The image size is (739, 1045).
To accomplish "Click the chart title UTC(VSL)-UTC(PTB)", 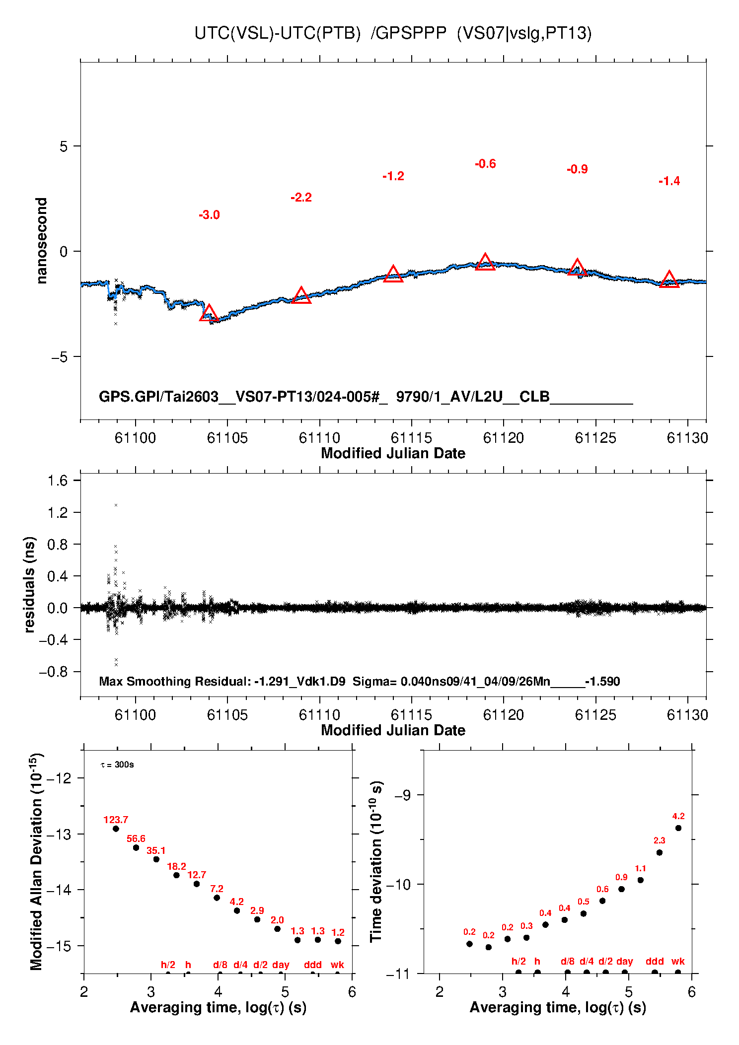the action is click(277, 33).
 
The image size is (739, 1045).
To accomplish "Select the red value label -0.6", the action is click(485, 164).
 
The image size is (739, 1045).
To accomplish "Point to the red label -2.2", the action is click(301, 198).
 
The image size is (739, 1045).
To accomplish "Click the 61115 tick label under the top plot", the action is click(411, 438).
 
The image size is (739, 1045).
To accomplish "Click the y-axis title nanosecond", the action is click(41, 241).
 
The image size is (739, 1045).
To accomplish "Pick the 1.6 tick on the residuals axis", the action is click(57, 481).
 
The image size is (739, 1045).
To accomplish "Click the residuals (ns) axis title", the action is click(29, 585).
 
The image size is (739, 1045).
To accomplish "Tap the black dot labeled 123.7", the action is click(116, 829).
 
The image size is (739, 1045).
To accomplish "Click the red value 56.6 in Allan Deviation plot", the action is click(136, 839).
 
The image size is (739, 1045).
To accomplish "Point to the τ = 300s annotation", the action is click(117, 765).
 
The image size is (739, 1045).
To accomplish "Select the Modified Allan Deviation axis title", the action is click(36, 862).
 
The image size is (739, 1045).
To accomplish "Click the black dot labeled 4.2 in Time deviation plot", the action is click(678, 828).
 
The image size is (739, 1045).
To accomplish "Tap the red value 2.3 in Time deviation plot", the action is click(660, 840).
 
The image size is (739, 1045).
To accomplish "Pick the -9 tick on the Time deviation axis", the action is click(402, 795).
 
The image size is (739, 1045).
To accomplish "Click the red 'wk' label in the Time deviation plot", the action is click(678, 962).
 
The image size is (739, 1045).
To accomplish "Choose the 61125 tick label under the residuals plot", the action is click(595, 715).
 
